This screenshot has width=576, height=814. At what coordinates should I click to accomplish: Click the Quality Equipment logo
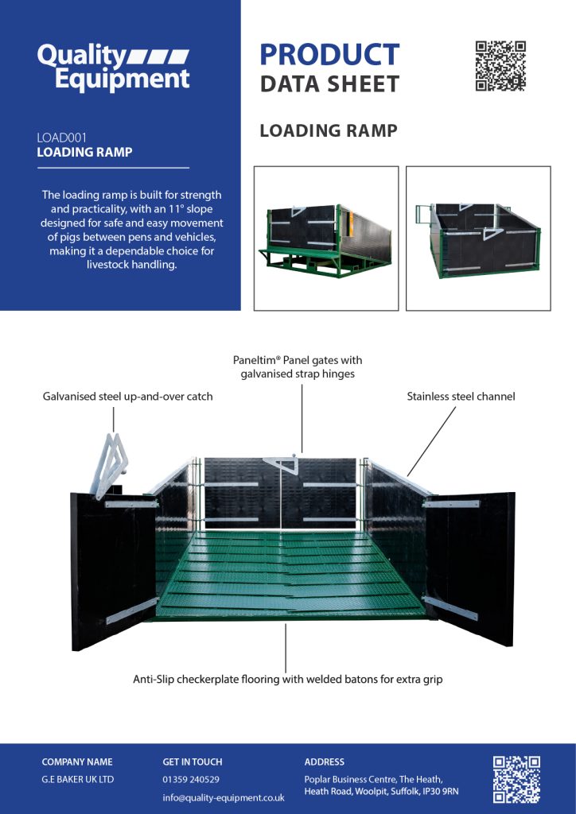tap(113, 68)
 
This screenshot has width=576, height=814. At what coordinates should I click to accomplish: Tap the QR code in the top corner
tap(500, 66)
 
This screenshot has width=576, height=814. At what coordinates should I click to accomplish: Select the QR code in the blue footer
tap(516, 779)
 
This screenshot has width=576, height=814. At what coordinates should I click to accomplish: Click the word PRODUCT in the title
tap(329, 55)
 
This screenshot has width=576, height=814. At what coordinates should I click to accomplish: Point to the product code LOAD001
tap(61, 138)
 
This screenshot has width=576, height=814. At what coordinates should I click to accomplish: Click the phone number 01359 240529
tap(191, 779)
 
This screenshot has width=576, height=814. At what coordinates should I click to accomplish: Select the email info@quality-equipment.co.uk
tap(223, 797)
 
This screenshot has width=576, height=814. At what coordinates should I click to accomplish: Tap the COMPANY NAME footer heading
tap(77, 762)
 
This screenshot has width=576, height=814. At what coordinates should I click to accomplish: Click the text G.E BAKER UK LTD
tap(78, 779)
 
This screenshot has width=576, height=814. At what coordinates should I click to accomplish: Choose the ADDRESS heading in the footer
tap(325, 762)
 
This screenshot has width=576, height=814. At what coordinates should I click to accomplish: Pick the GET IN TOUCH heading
tap(193, 762)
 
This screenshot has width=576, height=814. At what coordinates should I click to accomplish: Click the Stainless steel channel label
tap(461, 396)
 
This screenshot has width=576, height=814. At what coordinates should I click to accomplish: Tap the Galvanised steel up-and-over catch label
tap(127, 396)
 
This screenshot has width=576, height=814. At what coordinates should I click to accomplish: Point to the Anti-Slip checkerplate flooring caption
tap(287, 680)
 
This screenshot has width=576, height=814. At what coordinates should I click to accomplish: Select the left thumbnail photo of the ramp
tap(325, 238)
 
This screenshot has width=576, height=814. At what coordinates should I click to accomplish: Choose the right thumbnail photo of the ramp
tap(478, 238)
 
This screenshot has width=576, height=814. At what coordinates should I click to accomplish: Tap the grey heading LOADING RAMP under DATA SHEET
tap(329, 130)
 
